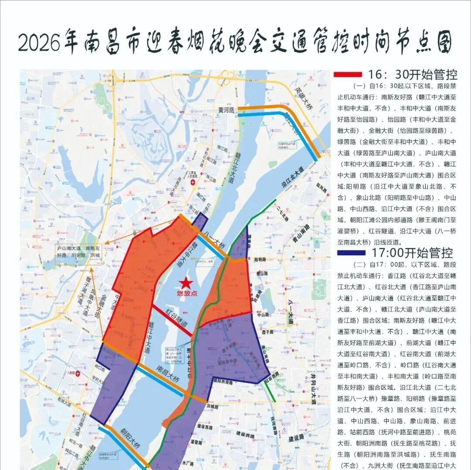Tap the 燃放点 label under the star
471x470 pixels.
coord(187,294)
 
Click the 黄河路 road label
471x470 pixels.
coord(227,111)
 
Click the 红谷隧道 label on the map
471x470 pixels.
coord(177,317)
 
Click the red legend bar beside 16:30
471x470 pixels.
coord(348,74)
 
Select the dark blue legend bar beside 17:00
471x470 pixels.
coord(351,252)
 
